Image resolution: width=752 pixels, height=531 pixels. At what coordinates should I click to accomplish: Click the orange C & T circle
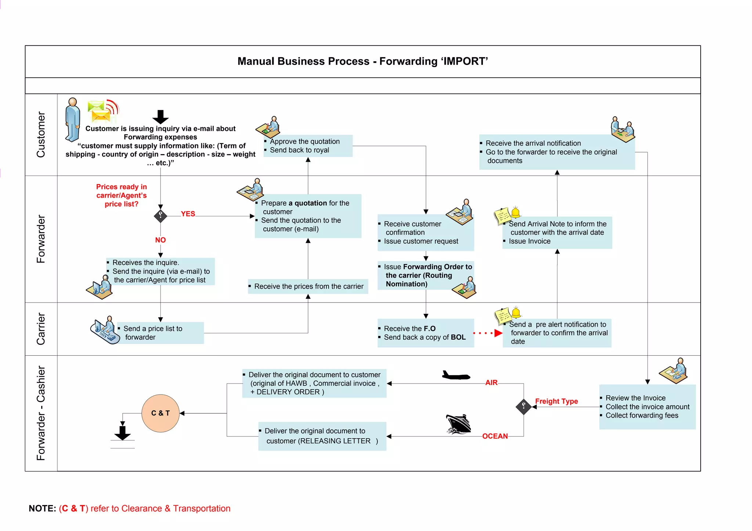tap(160, 413)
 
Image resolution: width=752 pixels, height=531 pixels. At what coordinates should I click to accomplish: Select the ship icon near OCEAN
tap(458, 424)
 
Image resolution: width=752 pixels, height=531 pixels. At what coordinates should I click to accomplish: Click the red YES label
tap(188, 214)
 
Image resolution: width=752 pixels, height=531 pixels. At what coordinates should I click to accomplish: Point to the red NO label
tap(160, 240)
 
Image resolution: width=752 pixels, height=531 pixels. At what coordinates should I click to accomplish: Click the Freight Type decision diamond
tap(524, 407)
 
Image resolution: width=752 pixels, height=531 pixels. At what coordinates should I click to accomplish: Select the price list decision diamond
tap(160, 216)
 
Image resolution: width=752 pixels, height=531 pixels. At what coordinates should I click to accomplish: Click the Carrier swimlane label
tap(41, 329)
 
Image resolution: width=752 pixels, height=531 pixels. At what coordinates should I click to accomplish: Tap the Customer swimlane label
tap(41, 135)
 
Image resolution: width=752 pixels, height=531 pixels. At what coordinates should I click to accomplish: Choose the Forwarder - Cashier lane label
tap(41, 413)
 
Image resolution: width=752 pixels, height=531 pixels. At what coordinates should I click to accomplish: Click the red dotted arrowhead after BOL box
tap(498, 333)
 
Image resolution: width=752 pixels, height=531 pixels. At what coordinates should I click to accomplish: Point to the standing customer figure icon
tap(72, 120)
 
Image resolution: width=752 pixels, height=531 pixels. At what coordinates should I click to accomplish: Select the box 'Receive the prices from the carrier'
tap(308, 286)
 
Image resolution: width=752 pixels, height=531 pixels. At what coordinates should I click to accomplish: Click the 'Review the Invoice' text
tap(635, 398)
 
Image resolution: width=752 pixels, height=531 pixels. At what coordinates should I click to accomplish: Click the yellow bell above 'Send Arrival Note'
tap(516, 212)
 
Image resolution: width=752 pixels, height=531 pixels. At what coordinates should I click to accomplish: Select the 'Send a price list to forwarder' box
tap(160, 333)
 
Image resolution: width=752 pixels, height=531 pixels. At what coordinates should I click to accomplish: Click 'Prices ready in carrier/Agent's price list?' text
tap(122, 195)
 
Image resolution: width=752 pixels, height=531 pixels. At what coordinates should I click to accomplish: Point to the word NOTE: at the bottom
tap(42, 509)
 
